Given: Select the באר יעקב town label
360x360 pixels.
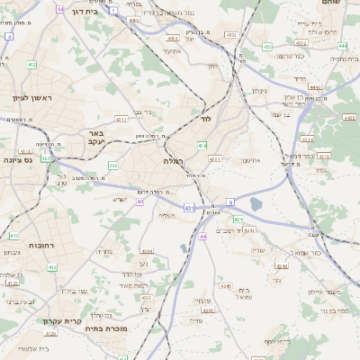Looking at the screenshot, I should (x=98, y=137).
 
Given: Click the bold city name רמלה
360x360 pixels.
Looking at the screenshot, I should (x=174, y=159).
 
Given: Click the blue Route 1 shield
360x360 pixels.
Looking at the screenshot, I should (x=113, y=9).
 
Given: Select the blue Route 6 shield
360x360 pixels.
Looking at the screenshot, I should (x=230, y=201).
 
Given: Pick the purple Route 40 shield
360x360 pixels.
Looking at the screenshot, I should (x=139, y=201).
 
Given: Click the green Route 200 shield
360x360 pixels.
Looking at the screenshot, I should (x=112, y=166).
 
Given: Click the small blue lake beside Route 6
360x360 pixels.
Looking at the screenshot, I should (x=255, y=205).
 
